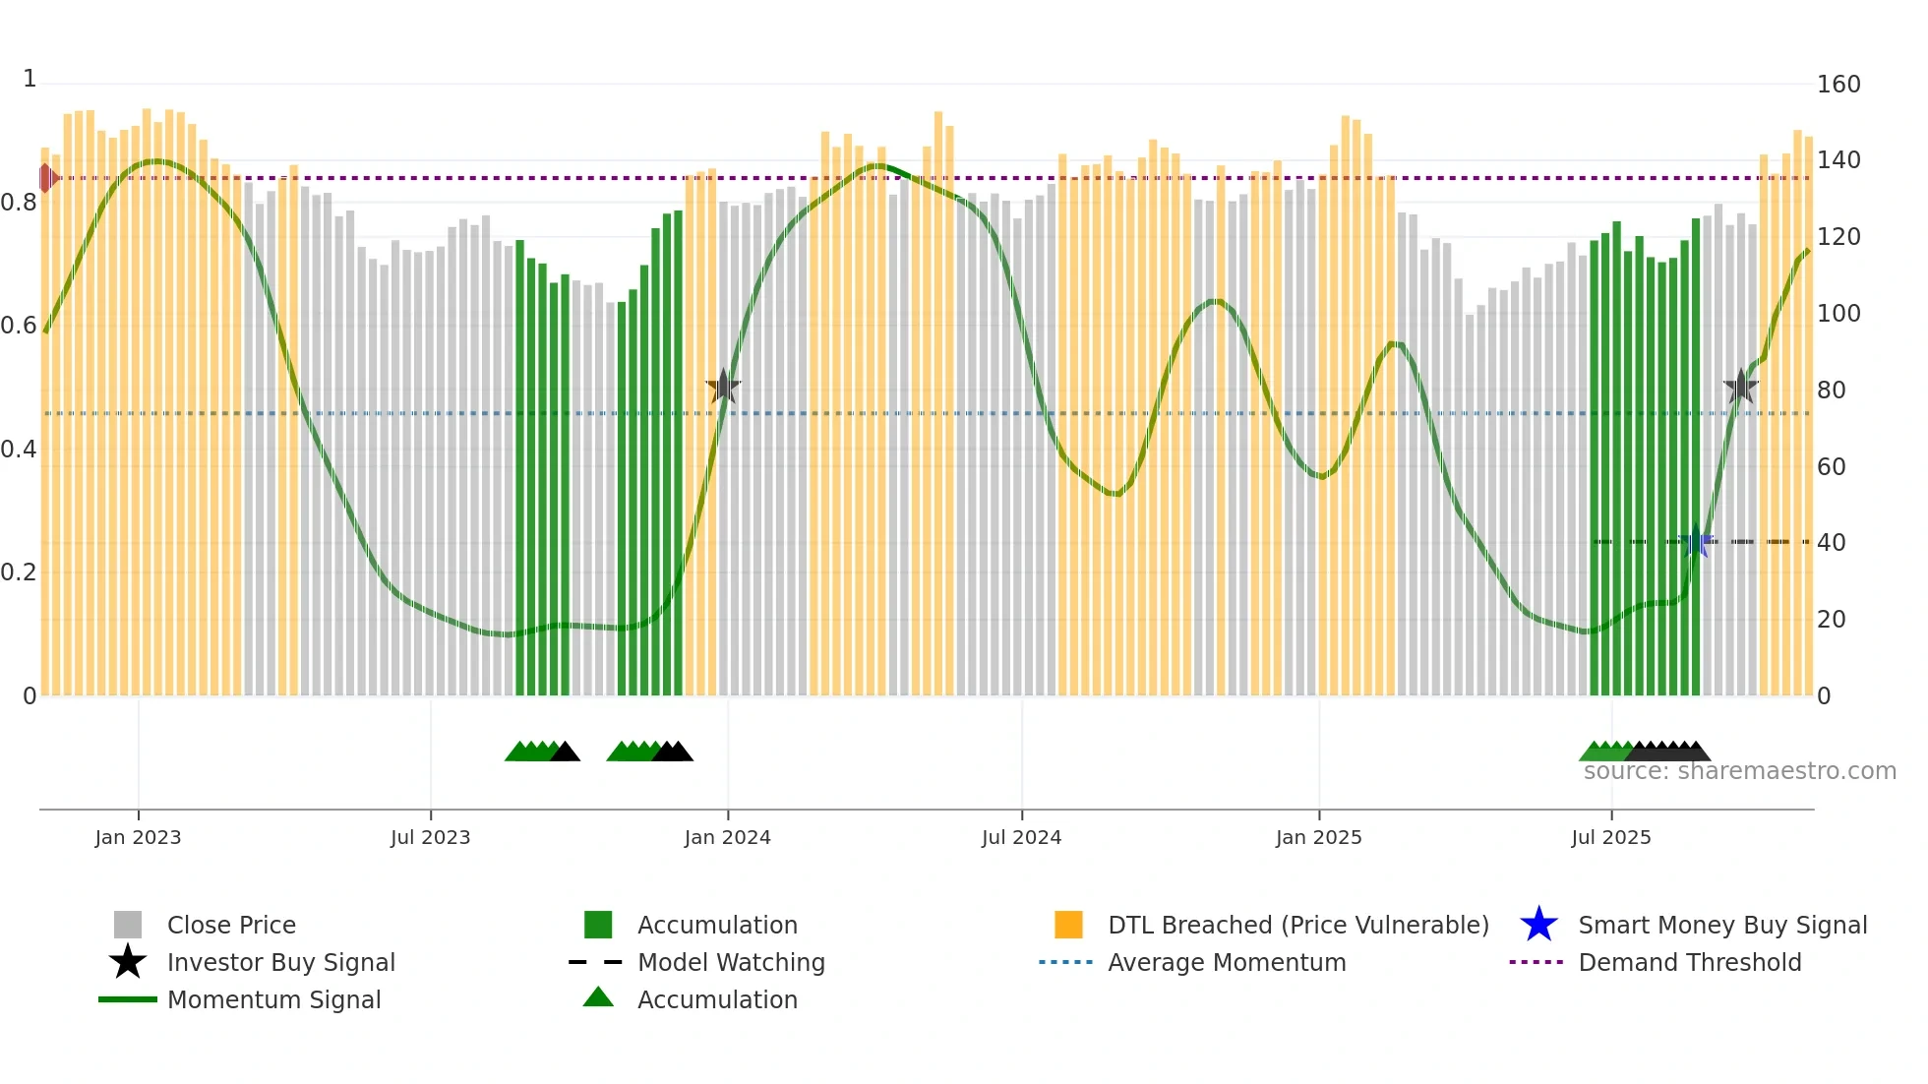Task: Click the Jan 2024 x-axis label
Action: pyautogui.click(x=727, y=837)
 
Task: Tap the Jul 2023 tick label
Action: pyautogui.click(x=430, y=837)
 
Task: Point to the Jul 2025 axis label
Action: pyautogui.click(x=1610, y=837)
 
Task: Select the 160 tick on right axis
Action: pyautogui.click(x=1838, y=85)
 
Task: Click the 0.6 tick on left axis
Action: pyautogui.click(x=19, y=326)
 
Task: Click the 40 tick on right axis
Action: pyautogui.click(x=1831, y=543)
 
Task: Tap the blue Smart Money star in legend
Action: pyautogui.click(x=1538, y=925)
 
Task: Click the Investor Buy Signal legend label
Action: pyautogui.click(x=280, y=962)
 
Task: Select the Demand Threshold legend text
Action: pyautogui.click(x=1689, y=962)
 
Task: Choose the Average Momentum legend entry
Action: pyautogui.click(x=1226, y=962)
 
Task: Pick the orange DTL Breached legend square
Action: pyautogui.click(x=1068, y=925)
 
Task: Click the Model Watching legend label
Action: pyautogui.click(x=731, y=962)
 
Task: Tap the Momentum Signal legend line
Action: pyautogui.click(x=128, y=999)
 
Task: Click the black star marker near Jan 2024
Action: pyautogui.click(x=723, y=387)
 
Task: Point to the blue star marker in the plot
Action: pyautogui.click(x=1697, y=542)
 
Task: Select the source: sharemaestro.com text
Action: pyautogui.click(x=1739, y=771)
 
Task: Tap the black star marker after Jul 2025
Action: pyautogui.click(x=1740, y=387)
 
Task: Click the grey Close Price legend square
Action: pyautogui.click(x=128, y=925)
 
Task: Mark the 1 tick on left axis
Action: pyautogui.click(x=30, y=79)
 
